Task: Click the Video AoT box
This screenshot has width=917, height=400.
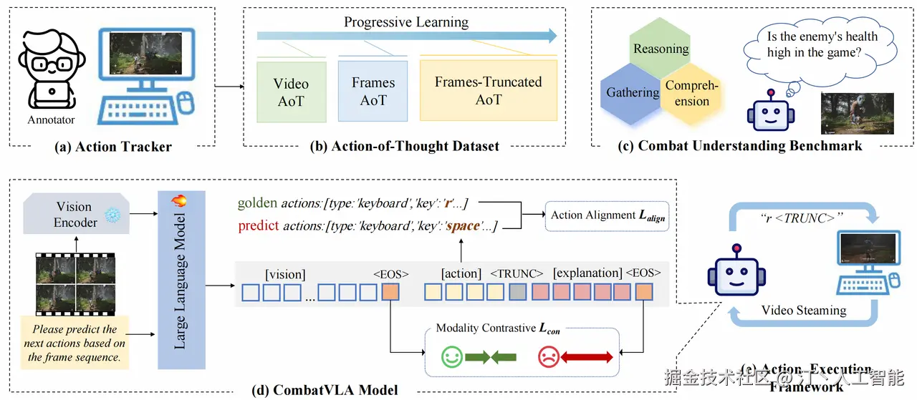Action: (x=291, y=91)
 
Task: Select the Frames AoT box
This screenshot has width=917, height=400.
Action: (x=373, y=91)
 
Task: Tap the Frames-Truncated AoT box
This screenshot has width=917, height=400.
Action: (x=488, y=91)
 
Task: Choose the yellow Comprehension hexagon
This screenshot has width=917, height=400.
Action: (x=691, y=93)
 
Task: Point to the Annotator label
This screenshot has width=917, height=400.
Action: (x=51, y=119)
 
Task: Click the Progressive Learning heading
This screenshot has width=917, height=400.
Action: (x=406, y=21)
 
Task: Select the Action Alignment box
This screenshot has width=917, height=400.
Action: (x=606, y=215)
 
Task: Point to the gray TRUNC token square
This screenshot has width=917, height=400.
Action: (x=517, y=292)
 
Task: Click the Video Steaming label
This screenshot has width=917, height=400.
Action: (x=803, y=311)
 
